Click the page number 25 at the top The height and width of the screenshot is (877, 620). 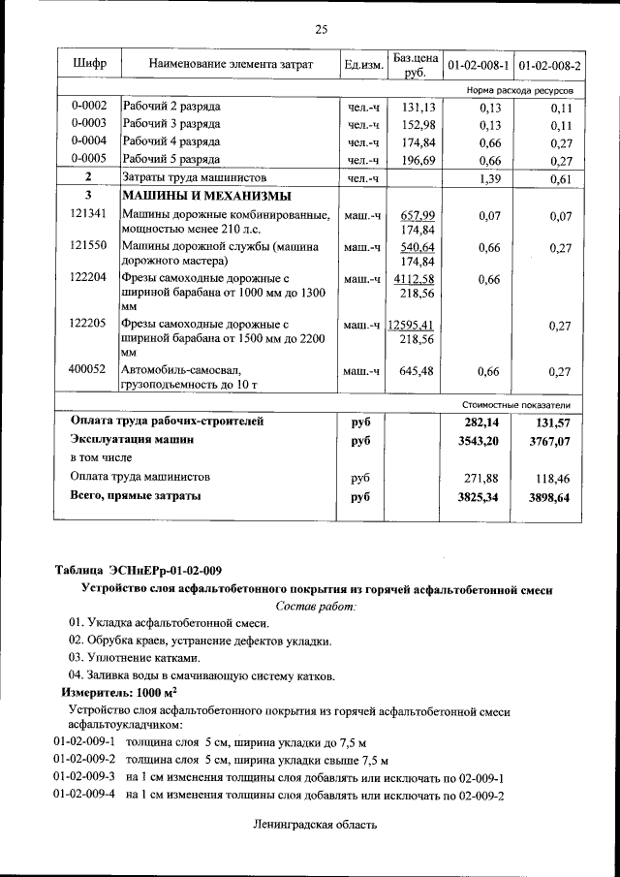[321, 29]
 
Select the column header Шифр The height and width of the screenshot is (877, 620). [89, 64]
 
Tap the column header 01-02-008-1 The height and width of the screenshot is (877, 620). [477, 65]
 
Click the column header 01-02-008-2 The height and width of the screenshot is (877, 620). [548, 65]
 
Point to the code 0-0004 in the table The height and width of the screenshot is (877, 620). [88, 141]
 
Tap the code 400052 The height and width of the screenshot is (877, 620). [88, 369]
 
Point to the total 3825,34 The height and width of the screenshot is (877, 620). [486, 496]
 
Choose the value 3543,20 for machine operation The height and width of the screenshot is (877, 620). [486, 440]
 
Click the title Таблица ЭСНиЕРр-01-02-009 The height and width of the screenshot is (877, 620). [138, 569]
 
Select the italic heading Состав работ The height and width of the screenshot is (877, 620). [317, 606]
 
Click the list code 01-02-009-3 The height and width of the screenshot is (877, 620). [84, 777]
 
